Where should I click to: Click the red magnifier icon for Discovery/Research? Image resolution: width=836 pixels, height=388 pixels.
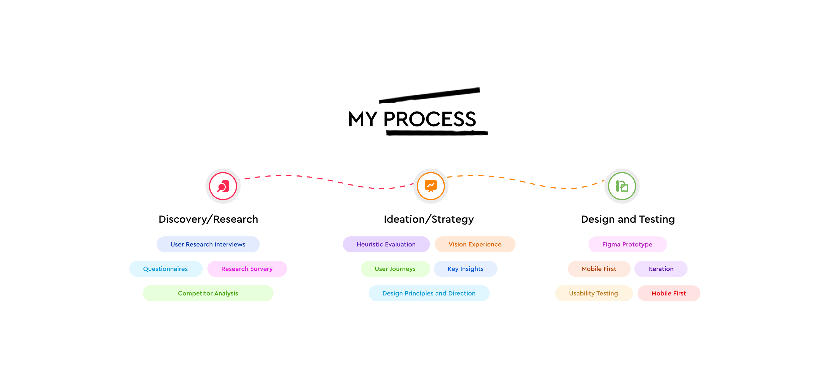click(x=223, y=186)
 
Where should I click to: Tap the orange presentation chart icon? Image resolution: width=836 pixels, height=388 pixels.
click(x=431, y=186)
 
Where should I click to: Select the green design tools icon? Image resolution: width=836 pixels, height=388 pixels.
click(x=622, y=186)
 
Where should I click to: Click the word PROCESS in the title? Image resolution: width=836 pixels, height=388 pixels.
click(x=430, y=119)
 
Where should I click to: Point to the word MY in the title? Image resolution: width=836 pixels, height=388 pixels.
click(x=363, y=119)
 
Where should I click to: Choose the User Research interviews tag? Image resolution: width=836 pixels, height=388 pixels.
click(x=208, y=244)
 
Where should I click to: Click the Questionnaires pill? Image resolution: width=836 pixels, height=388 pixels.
click(x=166, y=269)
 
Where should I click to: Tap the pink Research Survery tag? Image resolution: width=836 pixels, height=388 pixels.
click(x=247, y=269)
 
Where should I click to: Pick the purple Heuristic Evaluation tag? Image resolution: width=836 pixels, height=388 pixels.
click(x=386, y=244)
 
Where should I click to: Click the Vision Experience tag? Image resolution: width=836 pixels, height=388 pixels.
click(x=475, y=244)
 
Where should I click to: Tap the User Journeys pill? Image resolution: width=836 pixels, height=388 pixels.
click(x=395, y=269)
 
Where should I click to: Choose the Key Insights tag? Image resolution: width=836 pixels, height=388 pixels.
click(x=465, y=269)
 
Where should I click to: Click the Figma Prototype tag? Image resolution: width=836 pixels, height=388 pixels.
click(x=627, y=244)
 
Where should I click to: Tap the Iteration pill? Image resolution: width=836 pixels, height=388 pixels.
click(x=661, y=269)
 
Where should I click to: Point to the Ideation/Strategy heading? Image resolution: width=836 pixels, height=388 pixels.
click(x=429, y=219)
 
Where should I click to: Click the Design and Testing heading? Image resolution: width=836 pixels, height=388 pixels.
click(x=628, y=219)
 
